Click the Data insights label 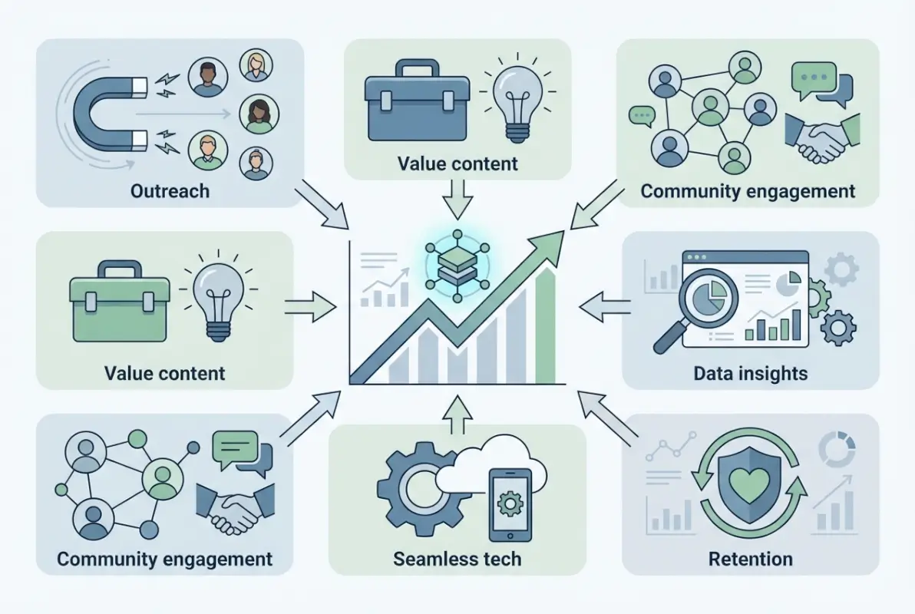click(x=750, y=374)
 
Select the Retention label click(x=751, y=558)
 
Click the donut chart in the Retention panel click(x=836, y=449)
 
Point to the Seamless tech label click(x=457, y=558)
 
